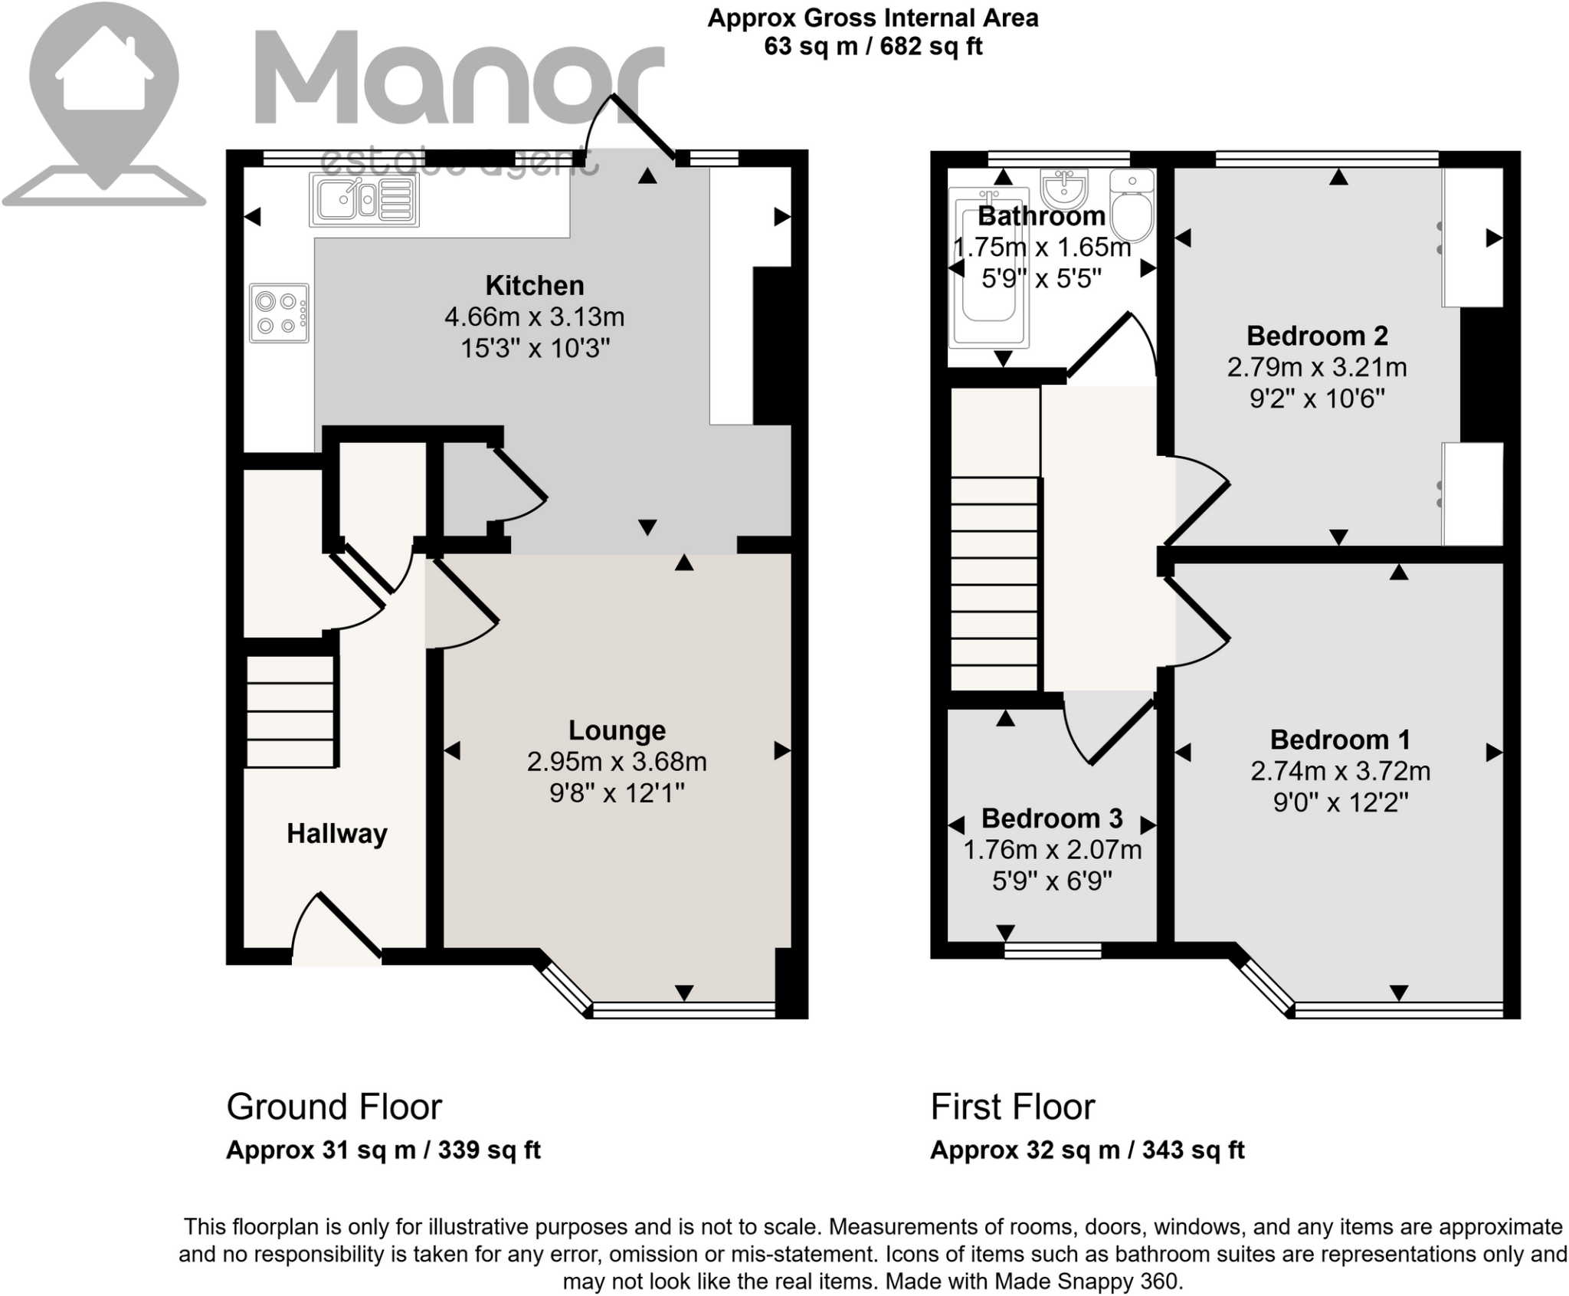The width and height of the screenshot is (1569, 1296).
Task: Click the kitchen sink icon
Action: tap(364, 199)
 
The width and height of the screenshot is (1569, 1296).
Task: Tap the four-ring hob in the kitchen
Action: tap(279, 313)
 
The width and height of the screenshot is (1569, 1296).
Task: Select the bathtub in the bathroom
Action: tap(988, 268)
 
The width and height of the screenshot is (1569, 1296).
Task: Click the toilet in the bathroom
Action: tap(1132, 207)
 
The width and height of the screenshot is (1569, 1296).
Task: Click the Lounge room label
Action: tap(617, 730)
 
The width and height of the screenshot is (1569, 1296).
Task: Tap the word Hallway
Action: tap(336, 833)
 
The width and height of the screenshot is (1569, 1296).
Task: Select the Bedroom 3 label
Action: tap(1051, 819)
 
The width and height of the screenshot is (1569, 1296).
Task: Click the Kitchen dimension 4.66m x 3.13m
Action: tap(534, 317)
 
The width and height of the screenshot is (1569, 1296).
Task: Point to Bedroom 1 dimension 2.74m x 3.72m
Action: tap(1340, 770)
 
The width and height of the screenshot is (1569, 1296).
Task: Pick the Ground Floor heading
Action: tap(334, 1107)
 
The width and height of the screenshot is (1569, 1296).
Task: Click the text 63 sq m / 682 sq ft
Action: tap(873, 47)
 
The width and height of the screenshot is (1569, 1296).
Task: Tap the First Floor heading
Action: tap(1012, 1107)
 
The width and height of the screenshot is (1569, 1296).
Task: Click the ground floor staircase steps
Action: tap(290, 711)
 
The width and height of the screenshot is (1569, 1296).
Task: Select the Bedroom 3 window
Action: tap(1053, 950)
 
